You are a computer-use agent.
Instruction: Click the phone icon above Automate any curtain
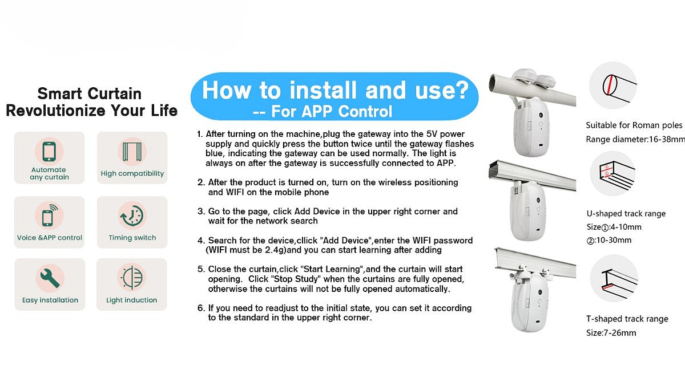[49, 151]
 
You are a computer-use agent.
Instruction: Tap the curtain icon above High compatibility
[132, 152]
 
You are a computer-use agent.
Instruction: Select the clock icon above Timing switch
[132, 216]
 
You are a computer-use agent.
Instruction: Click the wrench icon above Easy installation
[50, 278]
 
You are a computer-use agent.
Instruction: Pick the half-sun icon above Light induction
[132, 278]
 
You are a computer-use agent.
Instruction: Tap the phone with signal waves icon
[49, 216]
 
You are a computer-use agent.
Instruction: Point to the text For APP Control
[332, 111]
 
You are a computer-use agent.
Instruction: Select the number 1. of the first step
[200, 134]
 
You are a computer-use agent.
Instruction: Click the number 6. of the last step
[201, 308]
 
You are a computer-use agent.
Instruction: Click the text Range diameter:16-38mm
[635, 139]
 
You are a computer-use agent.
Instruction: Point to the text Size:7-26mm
[611, 332]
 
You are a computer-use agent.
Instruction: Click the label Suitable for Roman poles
[634, 125]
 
